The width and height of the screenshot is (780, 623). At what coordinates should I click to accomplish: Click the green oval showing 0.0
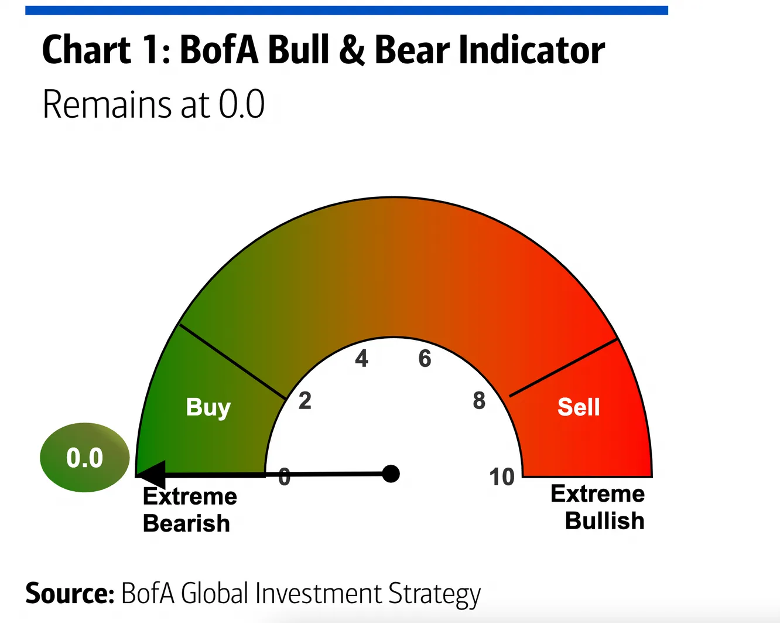[84, 457]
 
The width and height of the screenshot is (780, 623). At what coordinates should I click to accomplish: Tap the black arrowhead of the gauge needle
[150, 474]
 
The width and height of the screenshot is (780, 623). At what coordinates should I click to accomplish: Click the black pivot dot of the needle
[391, 474]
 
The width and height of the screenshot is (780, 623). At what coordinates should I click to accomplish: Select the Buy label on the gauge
[208, 407]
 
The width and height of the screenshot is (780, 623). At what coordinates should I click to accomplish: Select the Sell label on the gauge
[579, 407]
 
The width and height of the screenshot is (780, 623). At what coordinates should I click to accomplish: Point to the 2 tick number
[305, 401]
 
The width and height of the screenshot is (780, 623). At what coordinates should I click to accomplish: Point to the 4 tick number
[361, 359]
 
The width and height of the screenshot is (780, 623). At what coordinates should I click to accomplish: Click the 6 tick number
[425, 359]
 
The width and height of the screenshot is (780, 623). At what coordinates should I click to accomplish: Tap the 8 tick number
[479, 401]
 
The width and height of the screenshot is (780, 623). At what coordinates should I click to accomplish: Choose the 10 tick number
[502, 477]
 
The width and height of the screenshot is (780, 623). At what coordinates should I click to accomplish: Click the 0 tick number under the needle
[285, 477]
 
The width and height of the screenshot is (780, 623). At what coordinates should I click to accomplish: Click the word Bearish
[186, 523]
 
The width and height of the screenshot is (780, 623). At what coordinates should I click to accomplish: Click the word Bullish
[604, 521]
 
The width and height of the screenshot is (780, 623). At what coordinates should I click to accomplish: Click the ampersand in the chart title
[351, 50]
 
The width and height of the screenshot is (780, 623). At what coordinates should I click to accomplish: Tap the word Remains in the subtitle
[108, 105]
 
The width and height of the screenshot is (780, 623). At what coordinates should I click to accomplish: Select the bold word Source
[69, 593]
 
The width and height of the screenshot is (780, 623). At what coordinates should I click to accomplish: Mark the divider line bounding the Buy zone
[232, 361]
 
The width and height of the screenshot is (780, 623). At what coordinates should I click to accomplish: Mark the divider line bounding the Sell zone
[563, 367]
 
